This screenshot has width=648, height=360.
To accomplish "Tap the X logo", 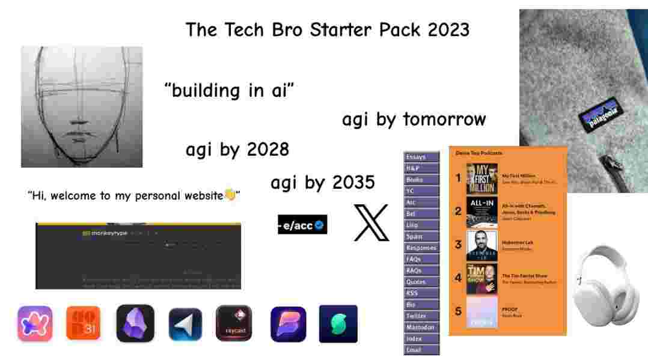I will coord(371,222).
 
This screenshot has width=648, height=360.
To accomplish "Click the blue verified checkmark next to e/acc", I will coord(320,225).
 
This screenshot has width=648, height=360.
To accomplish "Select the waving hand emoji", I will coord(230,195).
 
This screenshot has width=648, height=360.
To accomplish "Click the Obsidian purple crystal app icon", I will coord(135,323).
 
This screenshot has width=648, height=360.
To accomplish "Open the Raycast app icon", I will coord(234,323).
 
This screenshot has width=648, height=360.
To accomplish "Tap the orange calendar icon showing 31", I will coord(83,323).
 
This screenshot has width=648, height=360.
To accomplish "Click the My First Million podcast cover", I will coord(482,178).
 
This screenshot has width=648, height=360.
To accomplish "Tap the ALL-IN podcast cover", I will coord(482,212).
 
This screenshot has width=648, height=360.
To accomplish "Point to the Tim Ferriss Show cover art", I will coord(482,278).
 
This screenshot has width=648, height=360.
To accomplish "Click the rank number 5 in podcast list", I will coord(458,311).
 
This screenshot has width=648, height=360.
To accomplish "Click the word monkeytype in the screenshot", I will coord(108,233).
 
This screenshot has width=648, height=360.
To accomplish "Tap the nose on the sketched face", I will coord(81,115).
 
